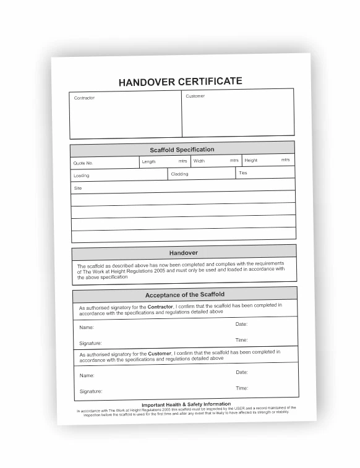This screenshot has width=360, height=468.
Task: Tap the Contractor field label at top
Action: click(x=84, y=98)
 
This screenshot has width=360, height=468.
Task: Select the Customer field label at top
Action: click(x=195, y=96)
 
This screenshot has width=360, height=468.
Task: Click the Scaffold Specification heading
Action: click(x=182, y=150)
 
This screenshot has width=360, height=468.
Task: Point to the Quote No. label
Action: click(x=83, y=163)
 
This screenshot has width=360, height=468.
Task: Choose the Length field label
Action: click(x=148, y=162)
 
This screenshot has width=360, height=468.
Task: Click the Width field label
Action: click(x=199, y=161)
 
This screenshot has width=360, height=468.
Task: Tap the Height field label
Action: click(x=251, y=160)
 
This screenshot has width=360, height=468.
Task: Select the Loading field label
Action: click(x=81, y=176)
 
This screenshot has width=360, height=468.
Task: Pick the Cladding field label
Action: click(x=179, y=174)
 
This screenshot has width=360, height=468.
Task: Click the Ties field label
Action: click(x=242, y=173)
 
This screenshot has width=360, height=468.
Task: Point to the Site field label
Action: click(x=78, y=188)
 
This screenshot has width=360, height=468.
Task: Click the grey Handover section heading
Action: click(x=183, y=253)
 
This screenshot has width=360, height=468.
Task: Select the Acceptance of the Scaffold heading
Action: click(x=184, y=295)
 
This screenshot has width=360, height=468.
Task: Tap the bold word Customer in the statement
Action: click(x=160, y=354)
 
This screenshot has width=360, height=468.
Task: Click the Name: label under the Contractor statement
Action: click(x=86, y=328)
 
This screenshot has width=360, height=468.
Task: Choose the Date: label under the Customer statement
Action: click(x=242, y=372)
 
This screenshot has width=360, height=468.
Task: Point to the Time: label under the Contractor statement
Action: click(x=241, y=340)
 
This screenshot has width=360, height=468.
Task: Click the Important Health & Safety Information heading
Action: click(x=186, y=404)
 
